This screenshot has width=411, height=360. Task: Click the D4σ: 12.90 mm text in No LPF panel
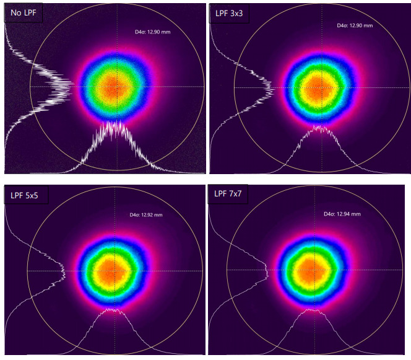152,31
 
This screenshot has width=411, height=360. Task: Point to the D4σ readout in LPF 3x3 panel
355,26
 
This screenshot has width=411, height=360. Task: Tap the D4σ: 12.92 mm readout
146,215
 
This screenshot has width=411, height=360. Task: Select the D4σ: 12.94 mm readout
342,214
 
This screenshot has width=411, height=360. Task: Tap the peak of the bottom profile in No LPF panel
115,122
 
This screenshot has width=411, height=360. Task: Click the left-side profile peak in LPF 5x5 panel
65,270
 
